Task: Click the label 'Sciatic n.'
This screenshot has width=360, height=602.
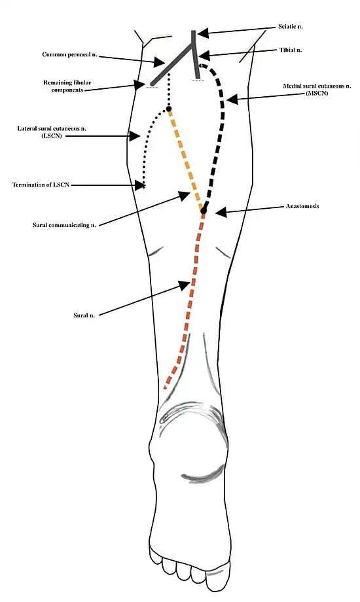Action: click(290, 27)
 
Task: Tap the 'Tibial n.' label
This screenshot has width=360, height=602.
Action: click(291, 50)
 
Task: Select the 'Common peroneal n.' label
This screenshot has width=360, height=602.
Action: click(69, 54)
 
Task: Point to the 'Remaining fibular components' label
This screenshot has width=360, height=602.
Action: click(67, 86)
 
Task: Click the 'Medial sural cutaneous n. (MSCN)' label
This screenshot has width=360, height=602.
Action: click(317, 90)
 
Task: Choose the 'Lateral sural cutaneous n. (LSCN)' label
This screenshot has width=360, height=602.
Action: click(52, 132)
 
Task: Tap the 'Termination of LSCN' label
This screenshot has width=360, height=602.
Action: click(41, 185)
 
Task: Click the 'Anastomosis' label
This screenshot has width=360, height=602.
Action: click(302, 206)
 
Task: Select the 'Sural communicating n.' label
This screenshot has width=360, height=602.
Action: click(64, 225)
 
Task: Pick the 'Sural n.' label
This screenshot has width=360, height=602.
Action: click(84, 315)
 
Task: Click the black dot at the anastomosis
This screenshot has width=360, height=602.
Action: click(204, 211)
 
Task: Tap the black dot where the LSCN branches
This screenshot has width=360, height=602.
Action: click(169, 110)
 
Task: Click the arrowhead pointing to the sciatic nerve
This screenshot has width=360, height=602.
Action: click(204, 33)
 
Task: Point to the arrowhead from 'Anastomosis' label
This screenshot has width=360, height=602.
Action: click(220, 211)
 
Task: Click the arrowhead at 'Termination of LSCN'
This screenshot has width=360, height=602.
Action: click(140, 185)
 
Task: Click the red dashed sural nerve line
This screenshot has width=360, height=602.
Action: click(189, 300)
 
